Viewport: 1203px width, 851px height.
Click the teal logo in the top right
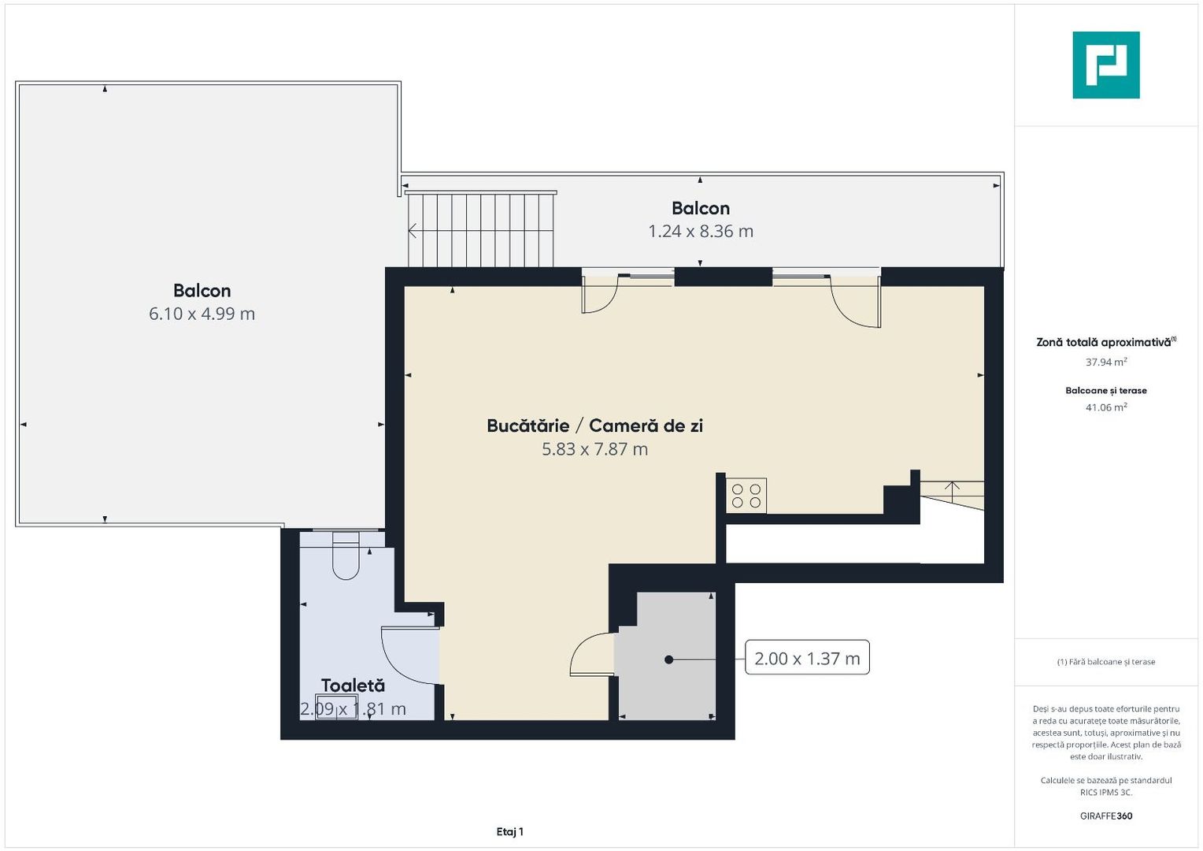1105,65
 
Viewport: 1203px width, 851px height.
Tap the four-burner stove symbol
746,496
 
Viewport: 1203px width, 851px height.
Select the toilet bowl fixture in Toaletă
346,556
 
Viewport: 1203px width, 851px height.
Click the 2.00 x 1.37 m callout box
807,658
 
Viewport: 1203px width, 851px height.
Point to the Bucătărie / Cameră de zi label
594,425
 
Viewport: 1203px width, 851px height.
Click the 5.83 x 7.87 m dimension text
594,449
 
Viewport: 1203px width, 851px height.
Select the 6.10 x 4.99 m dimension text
202,314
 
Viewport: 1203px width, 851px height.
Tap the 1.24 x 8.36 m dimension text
700,231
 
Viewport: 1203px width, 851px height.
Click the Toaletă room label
353,686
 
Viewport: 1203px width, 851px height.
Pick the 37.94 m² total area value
1105,362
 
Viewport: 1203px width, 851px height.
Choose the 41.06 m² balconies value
1105,407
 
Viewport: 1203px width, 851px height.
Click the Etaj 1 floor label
509,831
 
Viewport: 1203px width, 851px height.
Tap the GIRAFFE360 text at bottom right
1105,816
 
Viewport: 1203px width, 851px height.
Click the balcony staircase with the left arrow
480,230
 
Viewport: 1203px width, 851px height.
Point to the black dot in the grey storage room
668,660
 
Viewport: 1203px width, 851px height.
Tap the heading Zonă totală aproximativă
1104,342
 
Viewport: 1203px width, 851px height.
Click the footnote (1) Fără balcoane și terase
1105,662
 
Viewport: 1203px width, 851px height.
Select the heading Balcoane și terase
1105,391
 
